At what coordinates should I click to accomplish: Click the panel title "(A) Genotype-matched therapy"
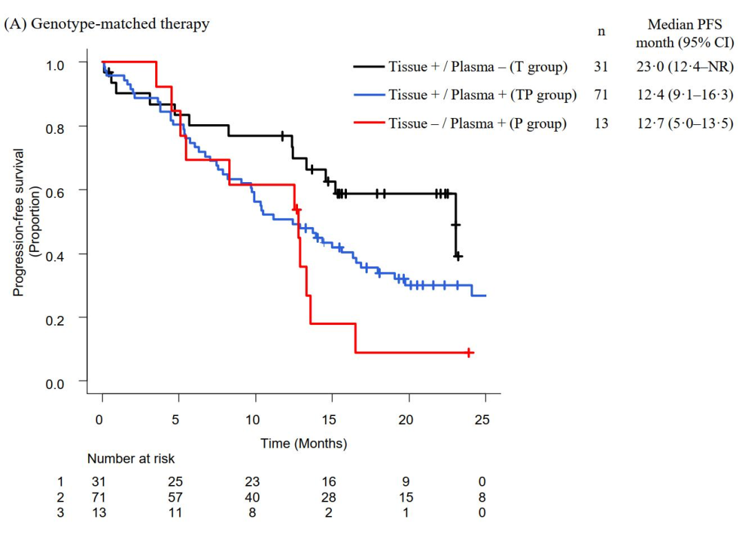pos(107,25)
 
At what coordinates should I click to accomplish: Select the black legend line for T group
pos(368,67)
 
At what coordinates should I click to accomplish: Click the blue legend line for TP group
pos(368,95)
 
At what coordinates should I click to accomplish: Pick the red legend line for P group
pos(368,123)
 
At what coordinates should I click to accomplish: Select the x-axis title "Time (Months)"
pos(304,444)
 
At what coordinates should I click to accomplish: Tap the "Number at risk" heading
pos(131,459)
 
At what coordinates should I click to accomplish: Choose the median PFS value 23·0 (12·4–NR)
pos(685,67)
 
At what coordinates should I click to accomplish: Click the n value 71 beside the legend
pos(601,95)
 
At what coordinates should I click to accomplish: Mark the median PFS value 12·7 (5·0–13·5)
pos(685,123)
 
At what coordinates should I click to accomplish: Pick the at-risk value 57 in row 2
pos(178,497)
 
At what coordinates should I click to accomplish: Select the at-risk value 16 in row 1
pos(331,482)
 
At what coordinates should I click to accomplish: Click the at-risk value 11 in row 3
pos(178,512)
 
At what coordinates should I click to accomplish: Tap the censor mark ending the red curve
pos(469,353)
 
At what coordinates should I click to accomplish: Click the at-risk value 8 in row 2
pos(482,497)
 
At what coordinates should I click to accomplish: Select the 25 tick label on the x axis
pos(482,420)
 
